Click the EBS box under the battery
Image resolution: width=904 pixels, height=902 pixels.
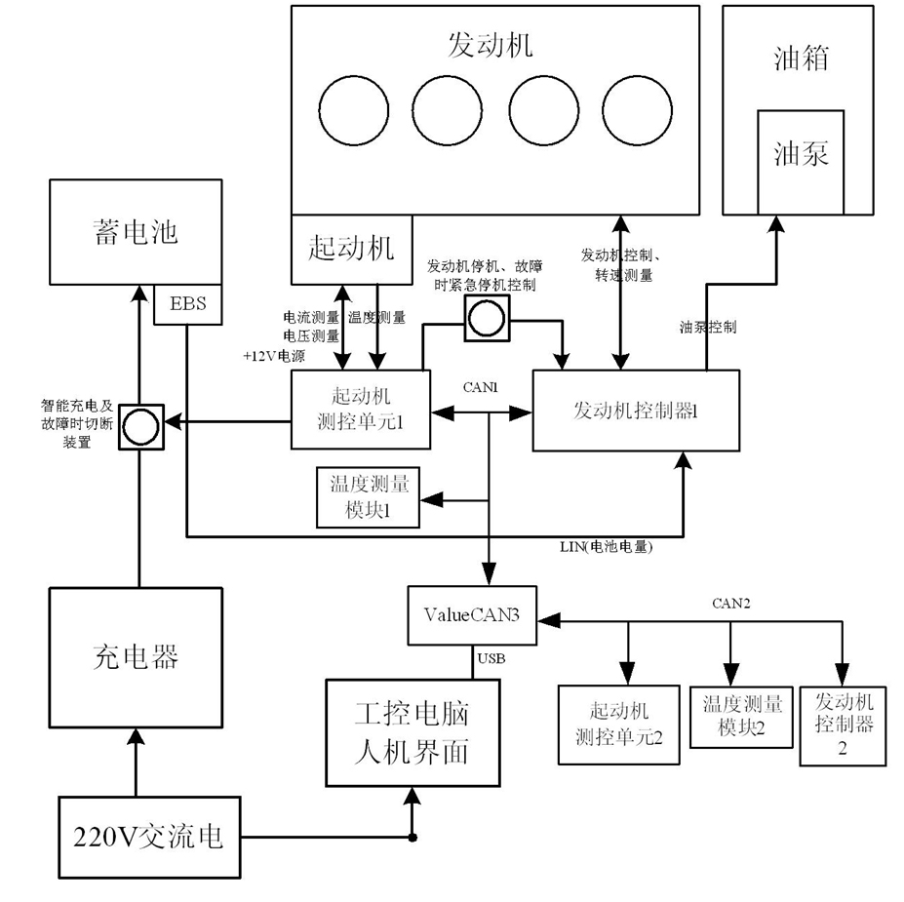tap(188, 304)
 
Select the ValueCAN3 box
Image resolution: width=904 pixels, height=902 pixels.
tap(471, 615)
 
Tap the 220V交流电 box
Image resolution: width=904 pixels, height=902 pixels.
tap(148, 837)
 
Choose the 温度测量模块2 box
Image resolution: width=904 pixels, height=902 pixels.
tap(740, 717)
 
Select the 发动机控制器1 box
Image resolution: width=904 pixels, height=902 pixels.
tap(635, 411)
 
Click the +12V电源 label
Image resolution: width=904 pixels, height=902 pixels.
tap(274, 356)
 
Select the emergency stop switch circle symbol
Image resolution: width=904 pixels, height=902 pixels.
tap(485, 319)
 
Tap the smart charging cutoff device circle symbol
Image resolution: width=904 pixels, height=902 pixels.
tap(140, 427)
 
